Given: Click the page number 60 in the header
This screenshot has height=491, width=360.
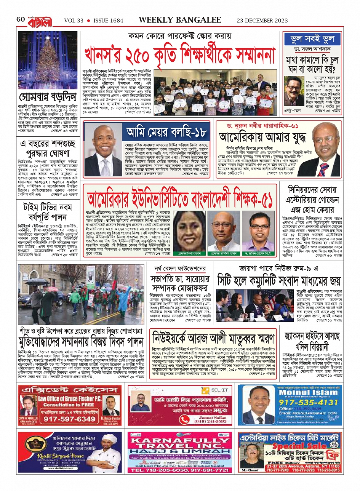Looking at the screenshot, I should point(21,19).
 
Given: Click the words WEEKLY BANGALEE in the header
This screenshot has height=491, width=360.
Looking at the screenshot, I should point(180,20).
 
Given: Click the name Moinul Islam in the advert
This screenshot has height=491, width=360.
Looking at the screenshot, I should point(309,392).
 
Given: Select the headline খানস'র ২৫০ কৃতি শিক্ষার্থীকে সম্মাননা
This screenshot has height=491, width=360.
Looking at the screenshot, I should point(179,55).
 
